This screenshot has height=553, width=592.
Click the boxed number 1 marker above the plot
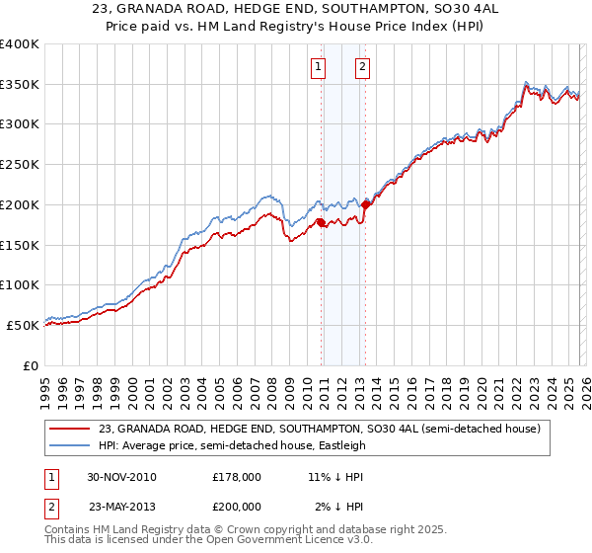coord(319,67)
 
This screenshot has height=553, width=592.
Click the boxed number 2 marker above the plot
coord(362,67)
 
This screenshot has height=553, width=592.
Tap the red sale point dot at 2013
coord(365,204)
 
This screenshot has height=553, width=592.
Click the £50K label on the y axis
coord(24,325)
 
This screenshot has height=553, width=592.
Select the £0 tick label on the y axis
coord(31,365)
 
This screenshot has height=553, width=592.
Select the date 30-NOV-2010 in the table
coord(121,477)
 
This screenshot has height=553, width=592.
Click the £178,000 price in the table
coord(237,477)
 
